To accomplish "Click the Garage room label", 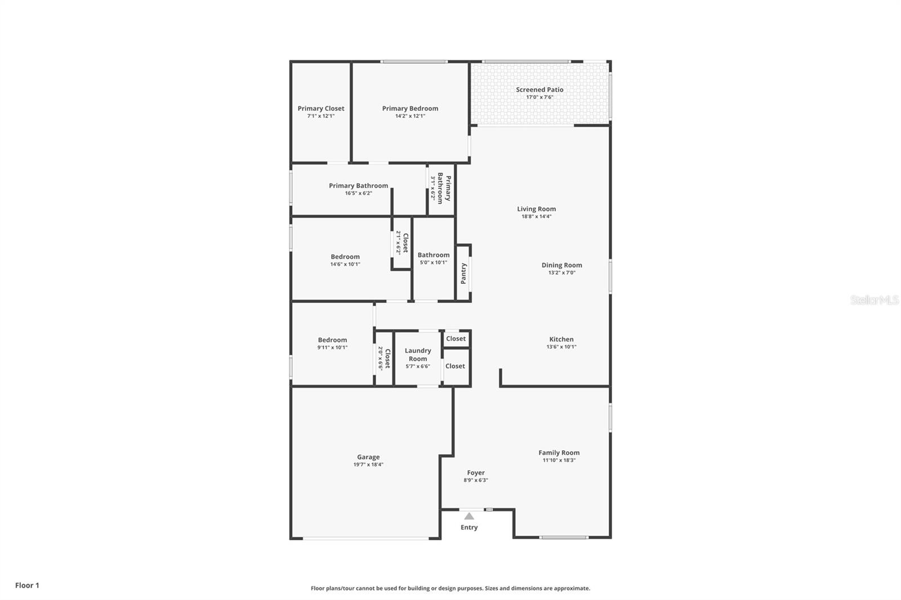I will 368,457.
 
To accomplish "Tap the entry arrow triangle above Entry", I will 469,516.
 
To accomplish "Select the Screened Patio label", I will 539,89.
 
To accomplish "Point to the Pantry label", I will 463,274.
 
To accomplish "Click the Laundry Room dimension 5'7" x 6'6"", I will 418,366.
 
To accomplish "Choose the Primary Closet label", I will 321,109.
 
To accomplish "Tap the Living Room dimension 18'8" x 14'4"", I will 536,216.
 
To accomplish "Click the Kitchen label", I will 561,339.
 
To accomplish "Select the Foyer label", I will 476,473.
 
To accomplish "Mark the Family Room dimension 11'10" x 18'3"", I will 559,460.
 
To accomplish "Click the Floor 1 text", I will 27,585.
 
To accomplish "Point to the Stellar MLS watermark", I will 874,301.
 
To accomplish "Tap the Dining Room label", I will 561,265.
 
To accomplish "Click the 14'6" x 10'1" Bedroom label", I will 345,257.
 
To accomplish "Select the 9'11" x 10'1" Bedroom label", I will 332,340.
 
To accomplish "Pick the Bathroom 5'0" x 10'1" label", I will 434,255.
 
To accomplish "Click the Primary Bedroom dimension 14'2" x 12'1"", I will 410,116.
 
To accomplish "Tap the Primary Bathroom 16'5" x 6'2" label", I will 358,186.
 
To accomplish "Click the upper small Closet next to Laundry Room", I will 456,338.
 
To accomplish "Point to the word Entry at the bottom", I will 469,527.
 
